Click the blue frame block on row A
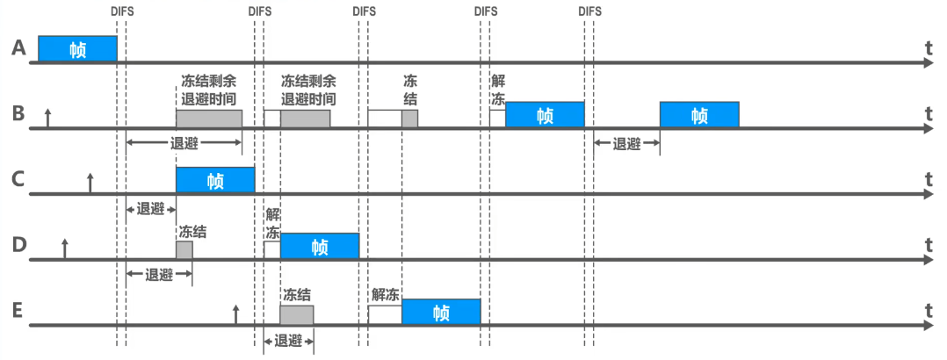coord(77,49)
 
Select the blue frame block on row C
coord(215,181)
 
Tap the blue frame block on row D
coord(320,247)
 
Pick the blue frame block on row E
coord(441,313)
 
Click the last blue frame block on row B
coord(699,115)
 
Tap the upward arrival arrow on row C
coord(90,183)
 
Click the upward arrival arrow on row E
coord(235,314)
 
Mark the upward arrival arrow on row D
coord(64,248)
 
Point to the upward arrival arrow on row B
coord(47,118)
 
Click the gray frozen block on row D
coord(184,250)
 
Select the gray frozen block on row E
coord(297,313)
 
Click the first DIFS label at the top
coord(121,11)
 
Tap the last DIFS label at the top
coord(590,11)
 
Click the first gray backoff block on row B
coord(209,119)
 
